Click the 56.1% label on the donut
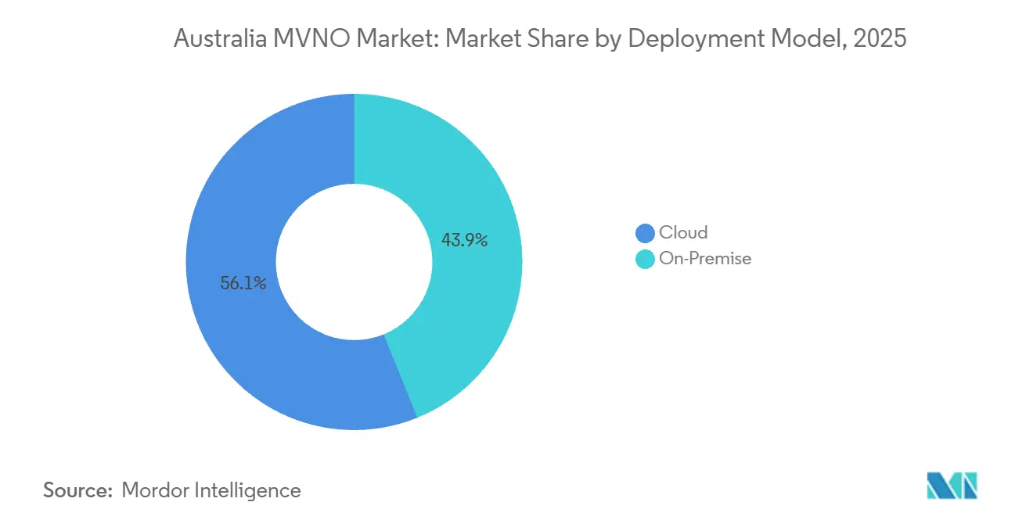coord(243,284)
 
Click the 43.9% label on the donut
coord(465,241)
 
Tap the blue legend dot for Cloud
coord(645,233)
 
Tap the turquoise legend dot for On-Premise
coord(645,259)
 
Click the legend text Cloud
coord(683,233)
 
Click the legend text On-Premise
coord(705,259)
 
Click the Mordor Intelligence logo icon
coord(952,486)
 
